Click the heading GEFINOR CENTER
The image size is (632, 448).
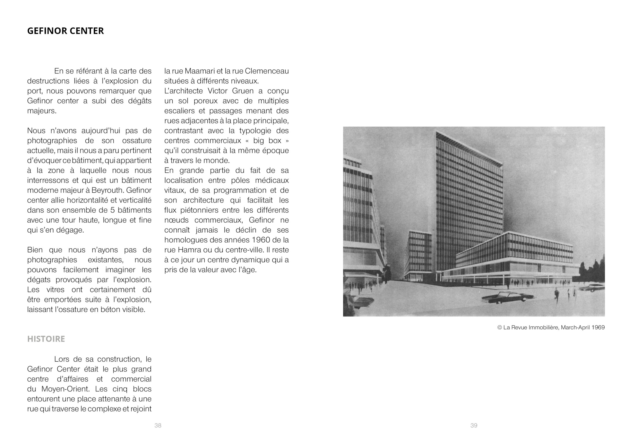point(65,31)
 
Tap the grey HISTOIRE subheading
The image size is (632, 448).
point(46,339)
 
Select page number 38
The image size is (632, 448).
point(158,425)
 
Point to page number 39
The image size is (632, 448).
point(474,425)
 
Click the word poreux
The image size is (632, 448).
point(206,101)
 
